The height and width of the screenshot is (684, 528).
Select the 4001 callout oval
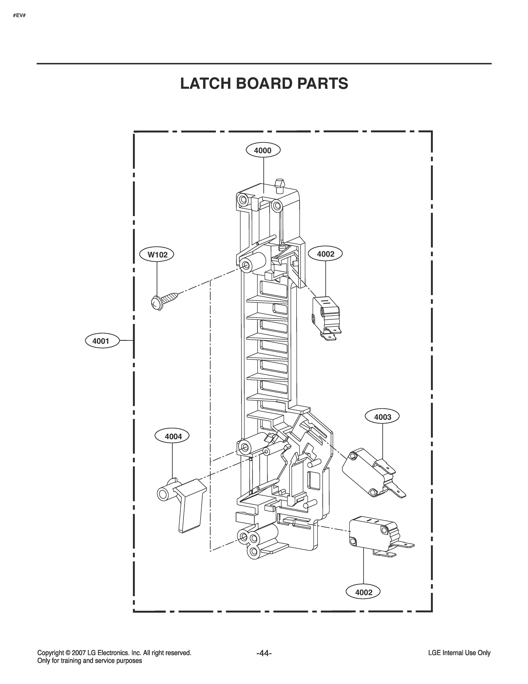(x=102, y=341)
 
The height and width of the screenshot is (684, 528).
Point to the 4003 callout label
(x=383, y=417)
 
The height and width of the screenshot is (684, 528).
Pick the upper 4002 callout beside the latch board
(x=326, y=254)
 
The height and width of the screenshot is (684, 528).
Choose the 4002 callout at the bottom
(x=363, y=592)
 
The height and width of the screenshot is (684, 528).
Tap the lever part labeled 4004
(x=182, y=504)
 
